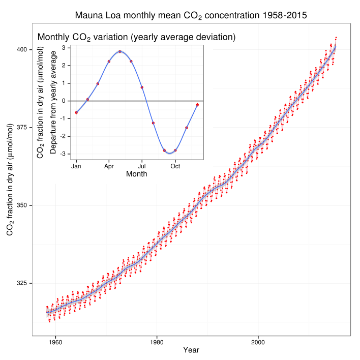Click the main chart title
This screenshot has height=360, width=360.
[191, 15]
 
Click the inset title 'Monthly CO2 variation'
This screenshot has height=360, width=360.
[136, 37]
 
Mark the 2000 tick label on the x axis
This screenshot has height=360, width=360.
[258, 341]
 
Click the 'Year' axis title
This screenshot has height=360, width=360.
[191, 350]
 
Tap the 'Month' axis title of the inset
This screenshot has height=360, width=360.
[136, 174]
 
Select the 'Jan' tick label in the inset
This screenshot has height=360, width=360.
[76, 166]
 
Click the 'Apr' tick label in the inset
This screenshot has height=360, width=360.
[109, 166]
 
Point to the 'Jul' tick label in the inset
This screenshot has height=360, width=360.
[142, 166]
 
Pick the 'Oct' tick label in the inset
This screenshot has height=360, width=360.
[175, 166]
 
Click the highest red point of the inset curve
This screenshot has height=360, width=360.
[120, 51]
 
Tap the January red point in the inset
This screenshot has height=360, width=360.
[76, 112]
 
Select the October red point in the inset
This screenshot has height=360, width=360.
[175, 150]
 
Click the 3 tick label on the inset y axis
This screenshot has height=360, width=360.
[64, 48]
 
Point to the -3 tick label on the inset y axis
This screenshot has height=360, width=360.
[63, 154]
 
